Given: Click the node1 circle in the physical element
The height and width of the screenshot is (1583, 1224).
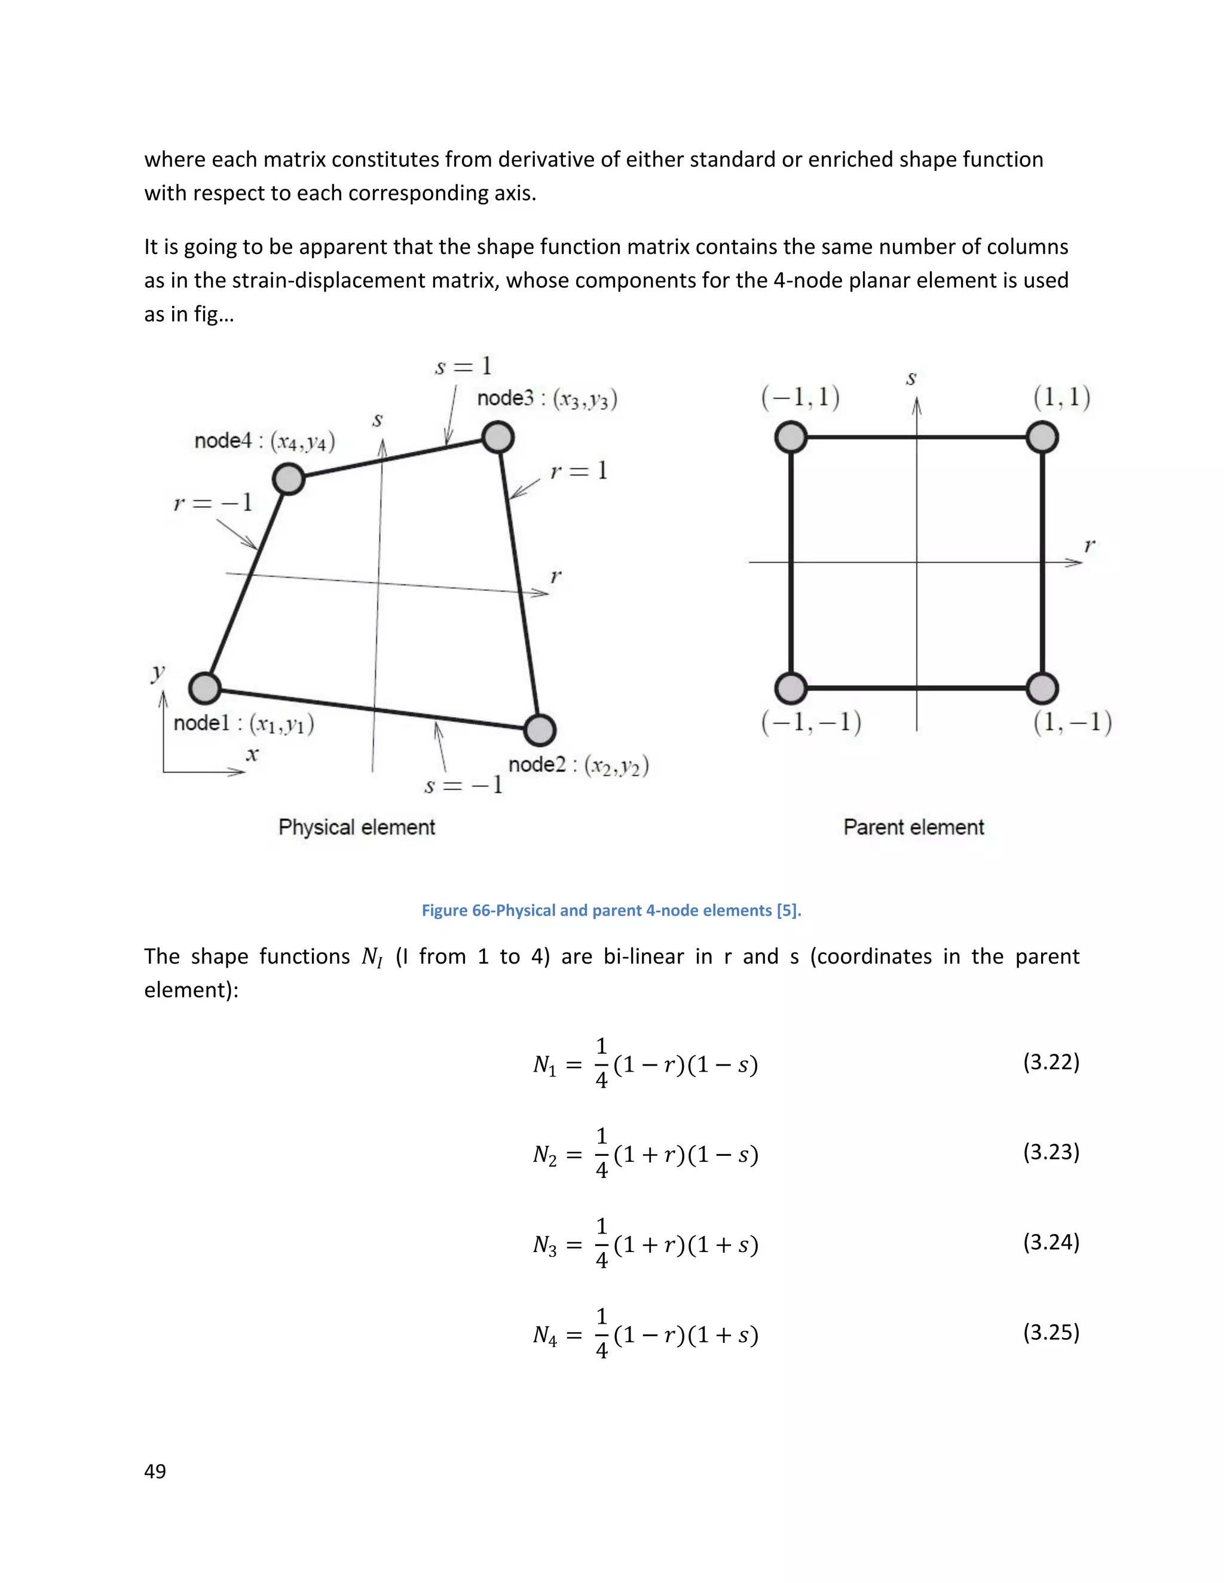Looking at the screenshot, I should [205, 688].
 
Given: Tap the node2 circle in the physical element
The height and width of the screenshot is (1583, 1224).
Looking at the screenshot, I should [540, 730].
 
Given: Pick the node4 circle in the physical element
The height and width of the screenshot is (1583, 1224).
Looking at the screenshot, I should [289, 479].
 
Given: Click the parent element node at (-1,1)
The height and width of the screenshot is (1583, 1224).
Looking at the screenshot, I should [791, 438].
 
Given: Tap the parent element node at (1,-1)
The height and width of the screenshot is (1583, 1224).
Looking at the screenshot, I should [1042, 688].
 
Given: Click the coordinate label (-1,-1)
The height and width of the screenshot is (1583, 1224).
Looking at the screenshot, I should [810, 722].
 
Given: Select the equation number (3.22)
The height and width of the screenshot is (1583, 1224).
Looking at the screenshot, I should [1051, 1062].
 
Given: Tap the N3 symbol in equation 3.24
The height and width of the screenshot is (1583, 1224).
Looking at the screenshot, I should [544, 1245].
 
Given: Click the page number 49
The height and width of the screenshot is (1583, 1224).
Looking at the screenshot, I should [155, 1471].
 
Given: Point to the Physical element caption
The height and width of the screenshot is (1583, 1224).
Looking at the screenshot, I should [357, 827].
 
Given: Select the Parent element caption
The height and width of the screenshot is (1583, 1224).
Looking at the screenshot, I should [914, 827].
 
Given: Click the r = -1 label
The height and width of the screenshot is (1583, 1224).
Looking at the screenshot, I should [213, 502].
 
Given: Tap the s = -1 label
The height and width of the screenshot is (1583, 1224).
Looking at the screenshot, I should [463, 785].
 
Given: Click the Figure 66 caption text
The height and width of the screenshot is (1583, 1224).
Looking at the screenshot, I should [611, 910].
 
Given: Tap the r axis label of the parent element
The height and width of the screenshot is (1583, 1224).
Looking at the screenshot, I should [1089, 545].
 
